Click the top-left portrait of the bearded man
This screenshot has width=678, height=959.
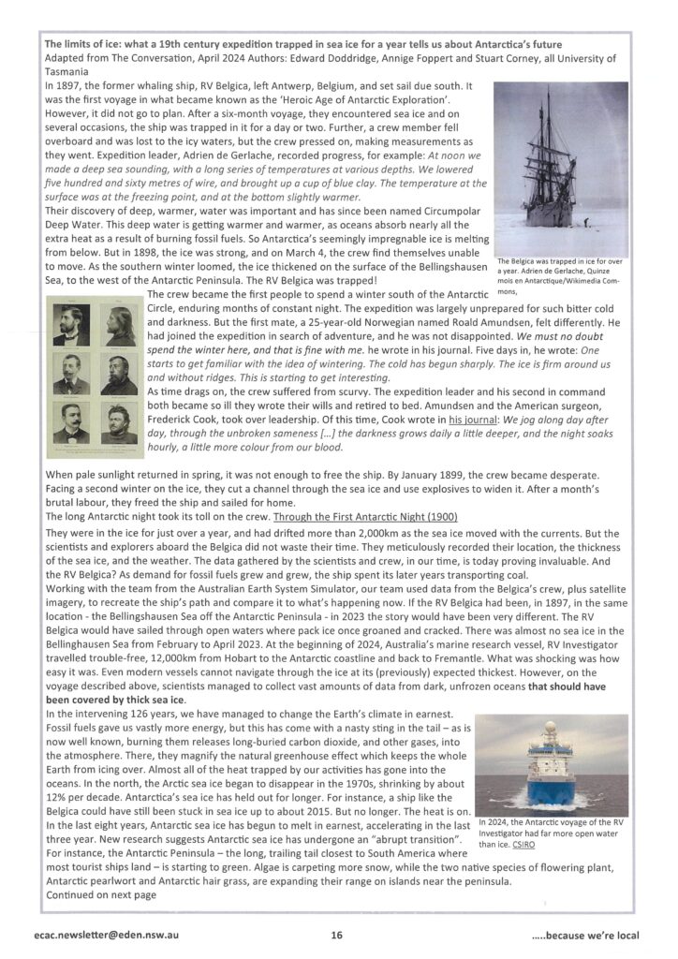click(x=71, y=321)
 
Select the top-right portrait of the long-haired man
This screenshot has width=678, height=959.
click(x=118, y=321)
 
